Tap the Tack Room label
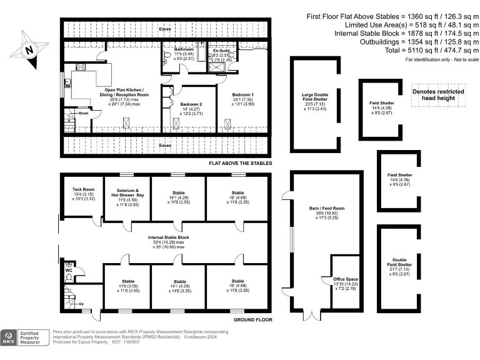click(x=83, y=189)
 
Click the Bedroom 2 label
click(x=191, y=104)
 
